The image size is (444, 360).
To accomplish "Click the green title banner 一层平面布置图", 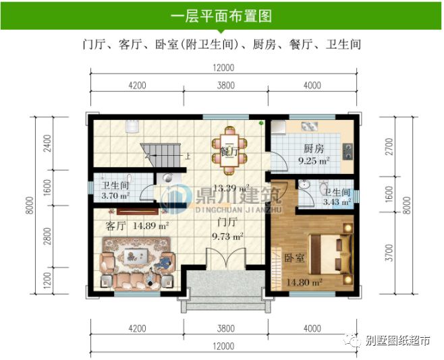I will tap(221, 15).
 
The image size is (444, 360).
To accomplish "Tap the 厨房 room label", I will tap(314, 148).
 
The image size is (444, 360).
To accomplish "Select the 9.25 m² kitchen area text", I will tap(314, 160).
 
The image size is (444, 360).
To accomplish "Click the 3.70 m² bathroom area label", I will tap(115, 197).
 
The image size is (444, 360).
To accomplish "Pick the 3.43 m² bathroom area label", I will tap(337, 202).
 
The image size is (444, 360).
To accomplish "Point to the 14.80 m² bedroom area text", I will tap(305, 282).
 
